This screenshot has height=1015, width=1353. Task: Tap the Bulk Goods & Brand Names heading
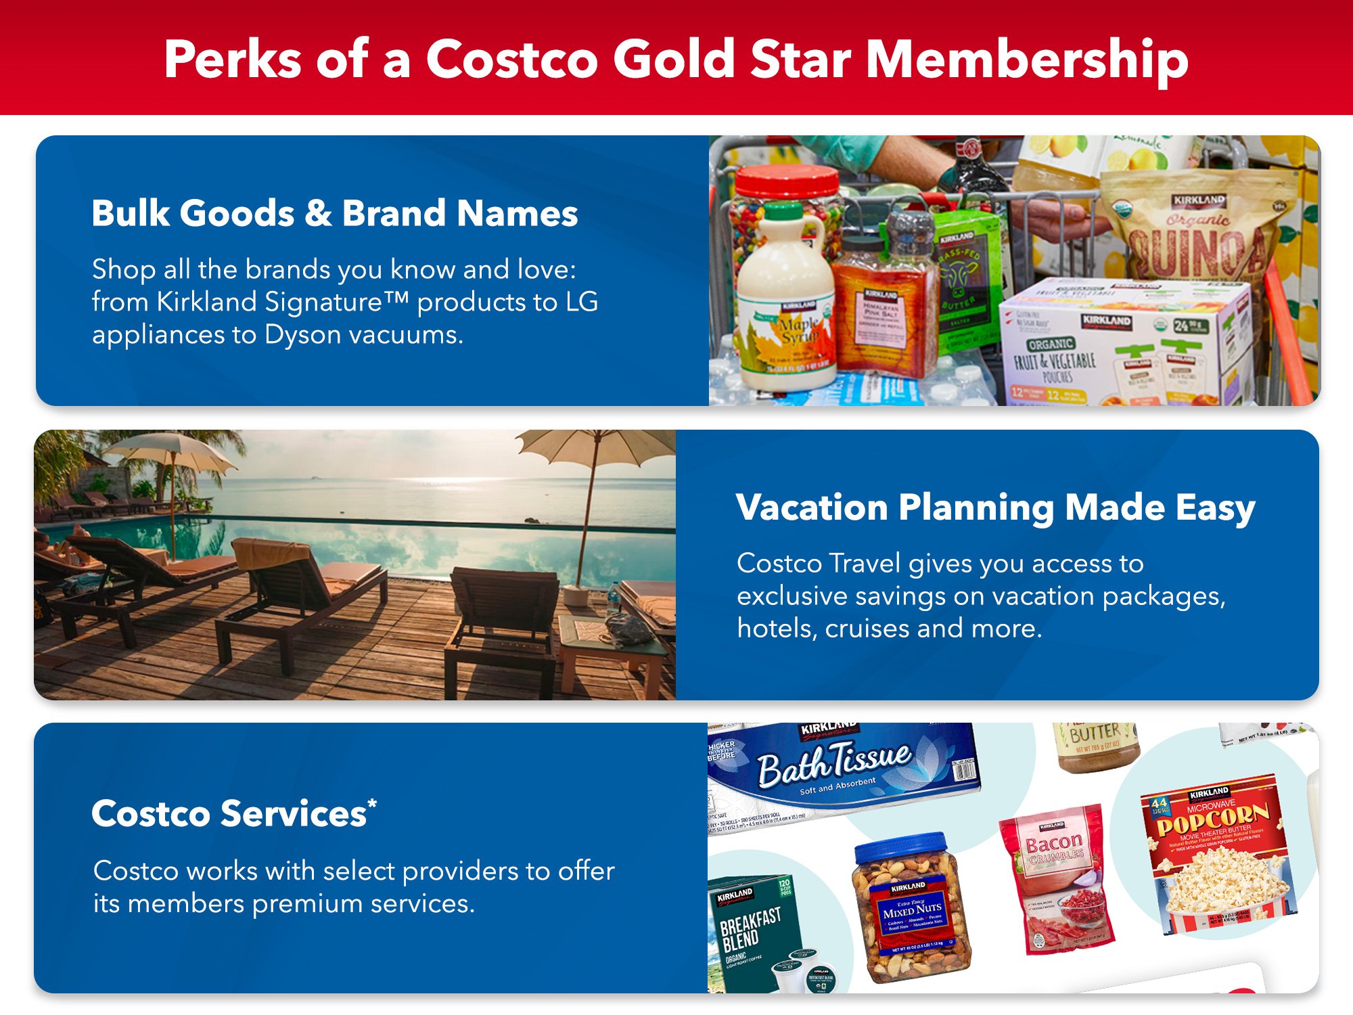pos(334,213)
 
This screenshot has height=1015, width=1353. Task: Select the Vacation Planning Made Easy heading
pos(995,507)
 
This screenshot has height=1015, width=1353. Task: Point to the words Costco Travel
pos(819,564)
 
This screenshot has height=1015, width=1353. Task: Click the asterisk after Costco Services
pos(372,803)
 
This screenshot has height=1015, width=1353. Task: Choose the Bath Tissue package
pos(839,771)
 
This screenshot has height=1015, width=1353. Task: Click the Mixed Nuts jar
pos(911,913)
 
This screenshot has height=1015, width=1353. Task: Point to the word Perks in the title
pos(232,60)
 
